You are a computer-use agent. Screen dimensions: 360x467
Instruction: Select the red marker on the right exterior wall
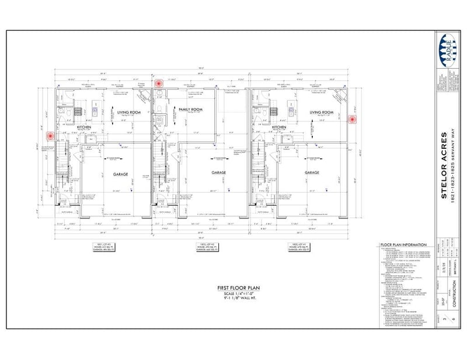353,119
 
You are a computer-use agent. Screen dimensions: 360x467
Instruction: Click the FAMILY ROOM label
190,110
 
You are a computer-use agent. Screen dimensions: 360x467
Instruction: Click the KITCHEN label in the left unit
82,127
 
